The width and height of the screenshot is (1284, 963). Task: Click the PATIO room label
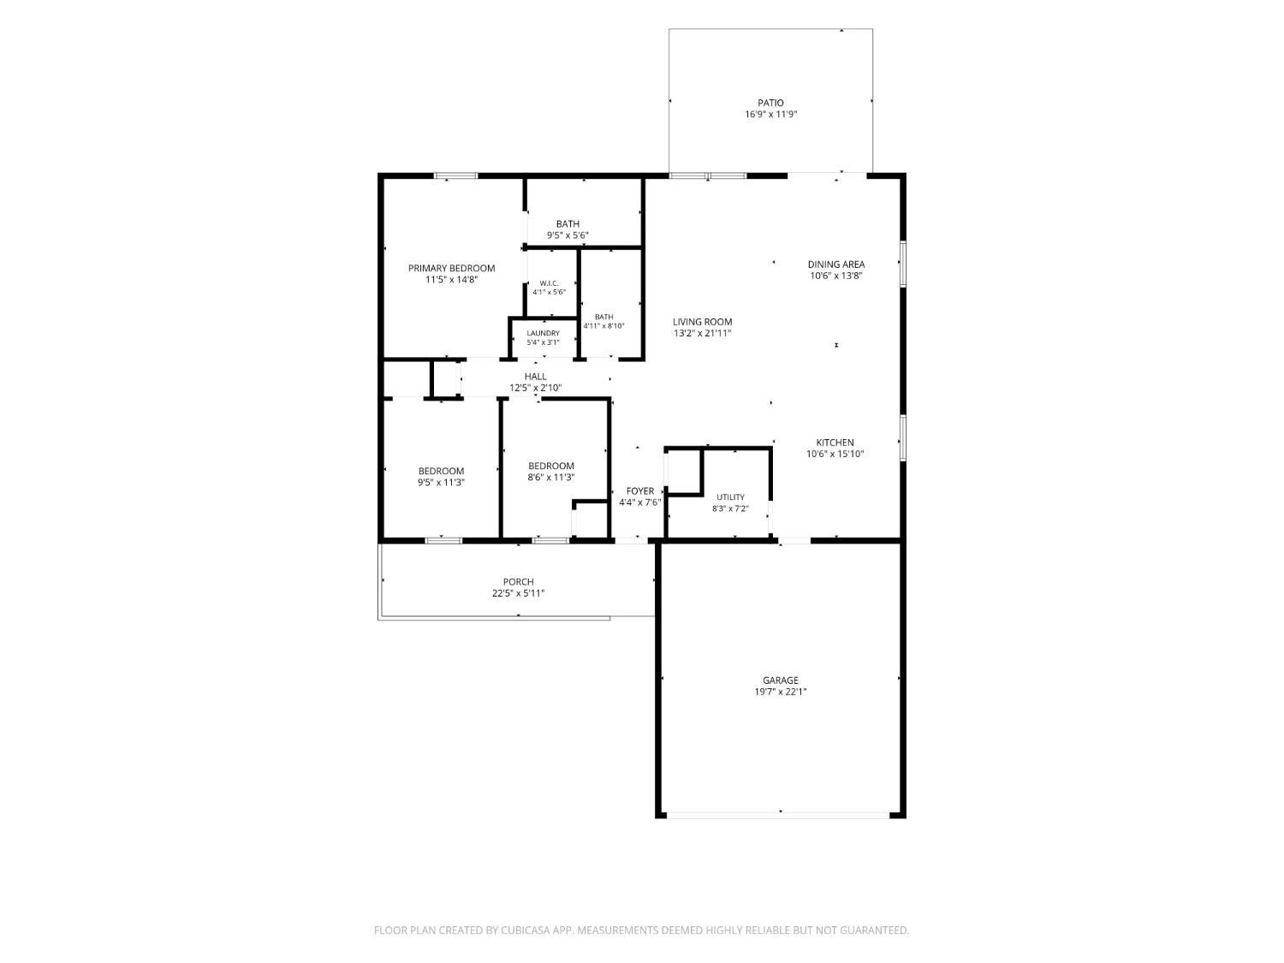[770, 103]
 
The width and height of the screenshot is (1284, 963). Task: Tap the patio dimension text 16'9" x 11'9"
[770, 114]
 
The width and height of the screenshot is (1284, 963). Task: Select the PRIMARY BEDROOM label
[451, 269]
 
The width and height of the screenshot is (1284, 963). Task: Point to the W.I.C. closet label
[549, 283]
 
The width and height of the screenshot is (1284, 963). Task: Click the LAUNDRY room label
[543, 333]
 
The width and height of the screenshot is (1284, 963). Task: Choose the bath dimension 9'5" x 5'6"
[568, 235]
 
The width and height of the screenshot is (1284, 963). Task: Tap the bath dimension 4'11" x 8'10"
[603, 325]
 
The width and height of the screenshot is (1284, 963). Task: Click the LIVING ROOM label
[702, 322]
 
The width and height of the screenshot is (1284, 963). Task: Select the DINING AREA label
[836, 265]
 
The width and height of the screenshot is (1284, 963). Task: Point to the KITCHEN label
[835, 443]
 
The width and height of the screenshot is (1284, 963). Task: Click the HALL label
[535, 377]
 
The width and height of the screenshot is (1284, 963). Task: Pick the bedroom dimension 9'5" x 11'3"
[441, 483]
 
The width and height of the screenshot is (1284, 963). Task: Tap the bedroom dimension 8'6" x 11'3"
[550, 477]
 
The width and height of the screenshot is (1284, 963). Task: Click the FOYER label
[640, 491]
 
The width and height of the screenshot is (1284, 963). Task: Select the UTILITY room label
[730, 497]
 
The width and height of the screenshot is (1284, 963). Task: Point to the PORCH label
[518, 582]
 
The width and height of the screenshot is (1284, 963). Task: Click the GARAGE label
[781, 680]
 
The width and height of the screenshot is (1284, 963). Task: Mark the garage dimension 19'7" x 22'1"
[781, 692]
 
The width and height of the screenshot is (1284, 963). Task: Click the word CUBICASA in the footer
[526, 930]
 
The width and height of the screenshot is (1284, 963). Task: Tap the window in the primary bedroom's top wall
[455, 175]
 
